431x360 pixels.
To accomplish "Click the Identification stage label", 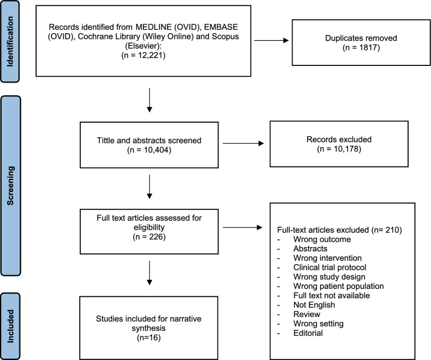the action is pos(10,41).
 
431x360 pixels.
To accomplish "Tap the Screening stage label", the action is pos(10,186).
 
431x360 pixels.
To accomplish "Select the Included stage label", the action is pos(10,326).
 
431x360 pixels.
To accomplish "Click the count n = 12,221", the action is pos(143,55).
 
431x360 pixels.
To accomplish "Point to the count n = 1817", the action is pos(361,48).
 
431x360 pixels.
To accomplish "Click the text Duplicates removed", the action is pos(361,38).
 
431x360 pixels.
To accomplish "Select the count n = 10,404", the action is pos(149,150).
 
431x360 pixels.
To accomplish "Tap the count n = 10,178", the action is pos(339,149).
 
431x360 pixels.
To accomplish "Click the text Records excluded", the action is pos(339,139).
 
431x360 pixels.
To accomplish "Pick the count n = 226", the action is pos(149,237).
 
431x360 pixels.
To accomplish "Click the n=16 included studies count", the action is pos(149,338).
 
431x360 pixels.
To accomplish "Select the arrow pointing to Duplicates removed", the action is pos(271,41).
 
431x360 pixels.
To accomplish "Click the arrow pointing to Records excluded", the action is pos(243,143).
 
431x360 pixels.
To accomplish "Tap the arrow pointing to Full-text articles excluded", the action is pos(242,228).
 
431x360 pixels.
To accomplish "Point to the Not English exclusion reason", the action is pos(314,305).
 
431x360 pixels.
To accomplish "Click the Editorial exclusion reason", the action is pos(308,333).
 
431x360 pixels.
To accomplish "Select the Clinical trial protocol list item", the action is pos(330,267).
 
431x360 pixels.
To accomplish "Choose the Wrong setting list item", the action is pos(319,324).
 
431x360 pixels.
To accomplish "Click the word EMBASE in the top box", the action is pos(221,27).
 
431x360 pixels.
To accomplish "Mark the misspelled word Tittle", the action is pos(106,140).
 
